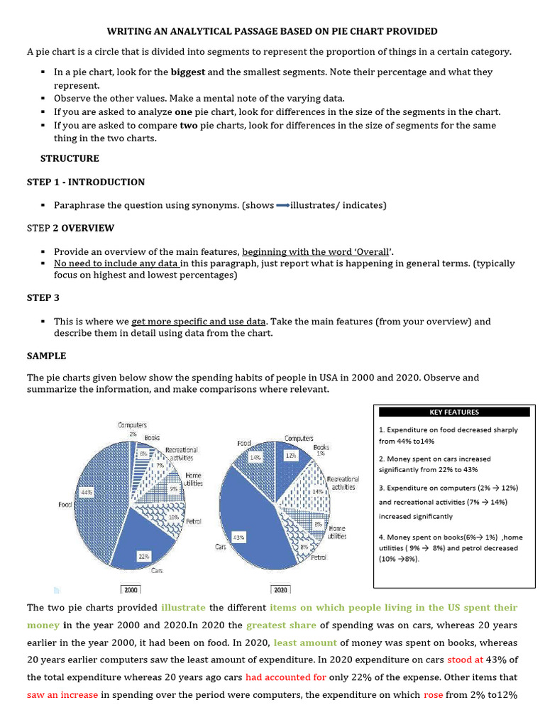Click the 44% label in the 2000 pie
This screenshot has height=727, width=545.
pos(87,491)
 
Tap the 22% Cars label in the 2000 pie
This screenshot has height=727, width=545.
pos(143,557)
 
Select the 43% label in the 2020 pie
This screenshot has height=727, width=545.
pos(239,537)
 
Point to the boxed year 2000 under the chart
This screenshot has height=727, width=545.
pos(131,589)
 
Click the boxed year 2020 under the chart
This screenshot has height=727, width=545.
pos(280,589)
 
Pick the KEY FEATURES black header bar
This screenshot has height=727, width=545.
pos(454,412)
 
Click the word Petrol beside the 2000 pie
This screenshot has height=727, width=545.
pos(193,521)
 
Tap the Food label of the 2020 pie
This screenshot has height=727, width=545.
pos(244,443)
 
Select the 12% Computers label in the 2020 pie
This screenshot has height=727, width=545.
pos(290,457)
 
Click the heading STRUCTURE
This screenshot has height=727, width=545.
pos(70,158)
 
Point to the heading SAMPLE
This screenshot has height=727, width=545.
pos(47,356)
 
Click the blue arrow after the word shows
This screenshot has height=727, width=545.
pos(282,206)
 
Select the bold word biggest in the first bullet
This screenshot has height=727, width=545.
pos(187,72)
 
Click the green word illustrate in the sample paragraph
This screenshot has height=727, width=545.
pos(183,608)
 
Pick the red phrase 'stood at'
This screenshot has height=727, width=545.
pos(465,659)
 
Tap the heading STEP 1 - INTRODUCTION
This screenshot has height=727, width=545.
pos(86,182)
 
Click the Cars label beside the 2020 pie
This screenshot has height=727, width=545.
pos(220,547)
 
